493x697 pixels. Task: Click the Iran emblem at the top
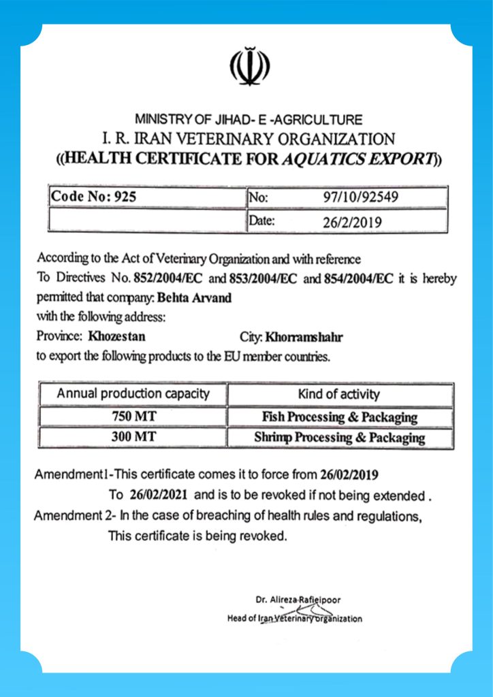click(249, 66)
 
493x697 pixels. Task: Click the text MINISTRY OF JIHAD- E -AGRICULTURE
click(249, 119)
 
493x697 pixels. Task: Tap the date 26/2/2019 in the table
click(352, 221)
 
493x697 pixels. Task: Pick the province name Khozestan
click(116, 336)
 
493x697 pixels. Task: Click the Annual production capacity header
click(133, 394)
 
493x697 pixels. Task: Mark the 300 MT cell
click(132, 438)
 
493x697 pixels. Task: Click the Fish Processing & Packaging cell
click(339, 417)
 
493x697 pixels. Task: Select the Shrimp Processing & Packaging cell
click(339, 438)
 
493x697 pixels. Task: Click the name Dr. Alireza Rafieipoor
click(298, 600)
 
